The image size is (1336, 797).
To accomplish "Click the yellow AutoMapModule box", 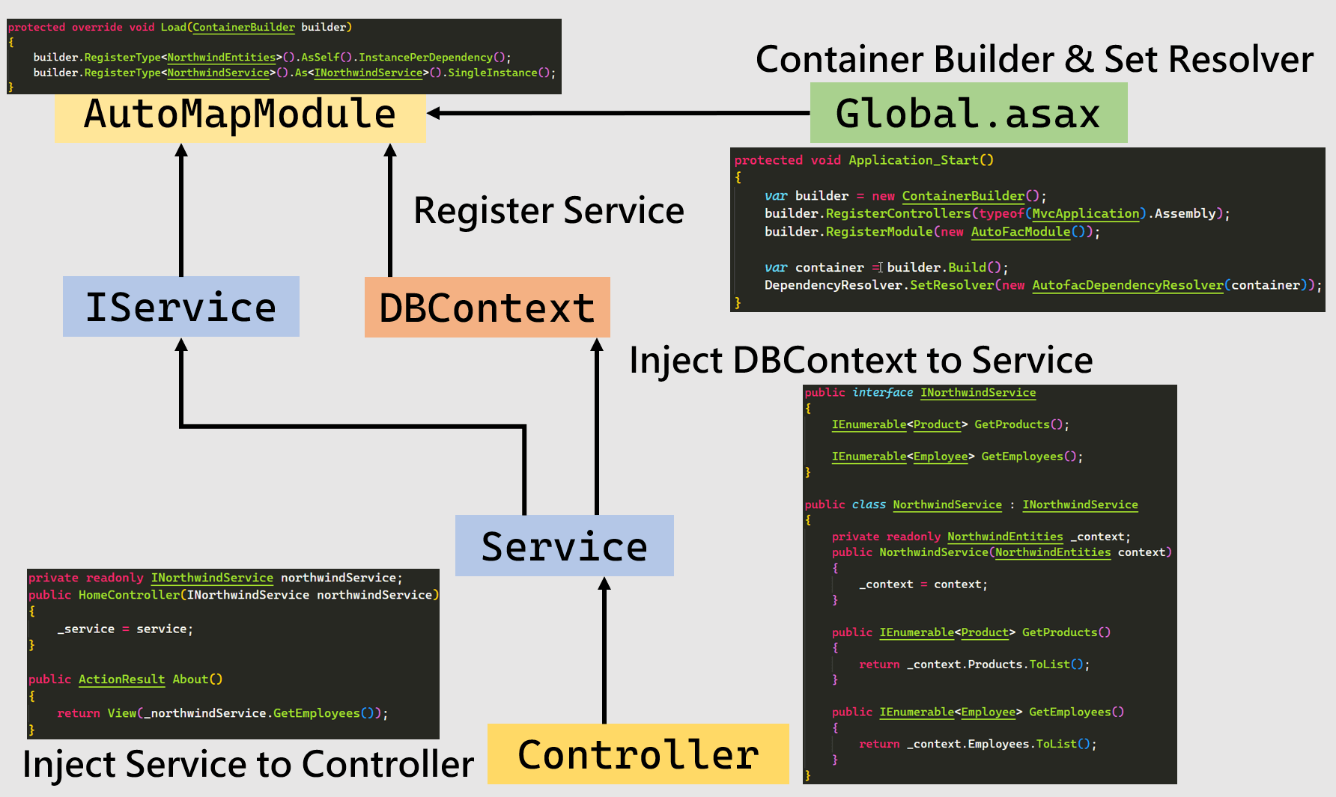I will (240, 116).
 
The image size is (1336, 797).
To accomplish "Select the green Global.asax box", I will (968, 114).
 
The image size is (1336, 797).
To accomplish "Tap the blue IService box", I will (180, 307).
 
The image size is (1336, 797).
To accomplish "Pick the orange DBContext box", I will (487, 308).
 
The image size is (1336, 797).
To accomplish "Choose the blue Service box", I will (564, 546).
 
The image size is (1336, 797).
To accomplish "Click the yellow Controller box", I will (638, 754).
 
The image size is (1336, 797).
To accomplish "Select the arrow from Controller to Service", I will (604, 651).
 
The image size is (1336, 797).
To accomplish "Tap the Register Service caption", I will (549, 210).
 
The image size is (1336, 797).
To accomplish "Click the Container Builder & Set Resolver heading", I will (1034, 59).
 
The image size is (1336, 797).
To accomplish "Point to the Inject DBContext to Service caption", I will (860, 360).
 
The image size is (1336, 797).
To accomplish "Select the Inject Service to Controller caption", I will (248, 764).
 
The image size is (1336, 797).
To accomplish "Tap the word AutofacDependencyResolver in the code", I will (1127, 285).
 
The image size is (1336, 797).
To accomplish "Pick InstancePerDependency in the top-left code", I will (425, 57).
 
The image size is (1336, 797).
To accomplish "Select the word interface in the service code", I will (882, 392).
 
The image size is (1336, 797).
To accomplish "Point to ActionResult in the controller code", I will (121, 680).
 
